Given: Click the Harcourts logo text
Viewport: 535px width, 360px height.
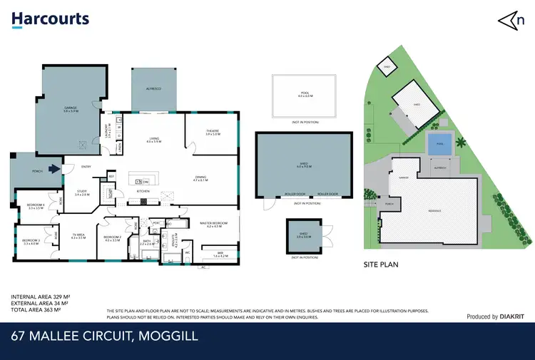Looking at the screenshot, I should tap(50, 19).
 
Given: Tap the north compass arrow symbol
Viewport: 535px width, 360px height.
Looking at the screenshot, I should tap(508, 20).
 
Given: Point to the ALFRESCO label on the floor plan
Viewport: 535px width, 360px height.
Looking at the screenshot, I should tap(153, 88).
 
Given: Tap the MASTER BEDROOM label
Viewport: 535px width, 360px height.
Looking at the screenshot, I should tap(213, 225).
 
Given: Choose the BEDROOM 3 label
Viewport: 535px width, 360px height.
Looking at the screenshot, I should tap(31, 242).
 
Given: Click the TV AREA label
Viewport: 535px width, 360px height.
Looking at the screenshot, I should tap(78, 236).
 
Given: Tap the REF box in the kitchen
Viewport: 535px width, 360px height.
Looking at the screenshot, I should tap(111, 176).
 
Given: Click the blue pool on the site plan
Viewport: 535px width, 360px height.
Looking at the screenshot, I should tap(439, 143).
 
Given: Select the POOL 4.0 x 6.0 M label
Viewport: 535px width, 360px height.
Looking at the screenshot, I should tap(305, 96).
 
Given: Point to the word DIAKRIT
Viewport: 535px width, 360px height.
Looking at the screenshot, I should tap(512, 317).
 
